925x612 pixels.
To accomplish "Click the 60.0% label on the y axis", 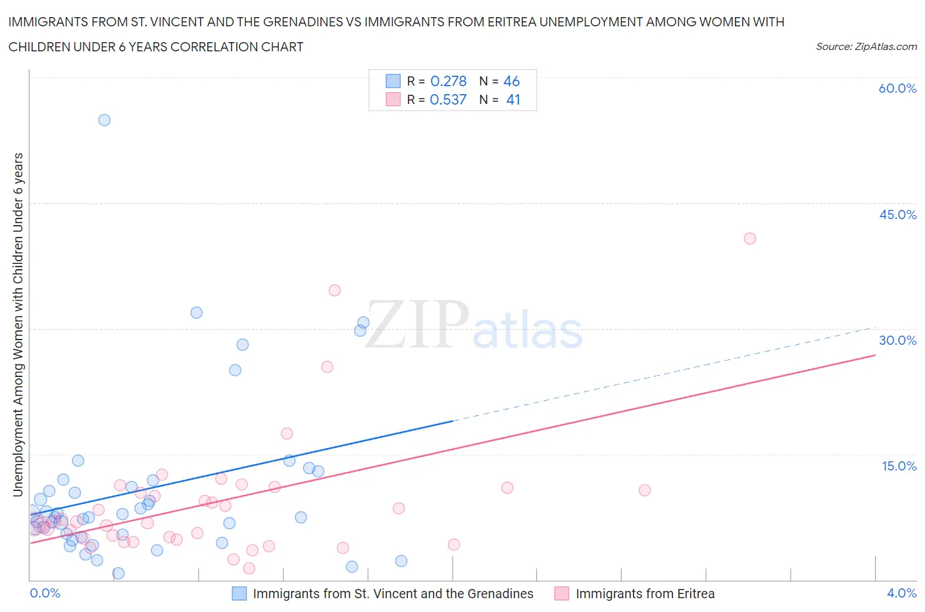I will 897,88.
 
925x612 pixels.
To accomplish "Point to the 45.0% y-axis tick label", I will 897,215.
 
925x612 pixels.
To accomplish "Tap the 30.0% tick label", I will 897,340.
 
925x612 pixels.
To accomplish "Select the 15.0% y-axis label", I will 899,466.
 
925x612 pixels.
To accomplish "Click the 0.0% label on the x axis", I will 45,593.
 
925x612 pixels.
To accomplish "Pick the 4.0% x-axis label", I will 901,593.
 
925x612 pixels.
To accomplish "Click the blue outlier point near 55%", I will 104,120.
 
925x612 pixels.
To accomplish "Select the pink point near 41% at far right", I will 750,238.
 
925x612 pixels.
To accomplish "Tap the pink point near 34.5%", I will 334,290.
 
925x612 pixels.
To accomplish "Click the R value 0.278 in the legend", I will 448,81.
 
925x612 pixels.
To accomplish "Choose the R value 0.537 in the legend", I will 448,99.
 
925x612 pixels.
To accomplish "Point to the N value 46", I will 511,81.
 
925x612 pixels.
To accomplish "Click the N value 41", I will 513,99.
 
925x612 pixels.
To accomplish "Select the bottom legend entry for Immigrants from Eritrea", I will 645,594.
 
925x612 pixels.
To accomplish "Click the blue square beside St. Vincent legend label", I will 239,594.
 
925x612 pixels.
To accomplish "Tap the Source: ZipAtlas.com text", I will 866,47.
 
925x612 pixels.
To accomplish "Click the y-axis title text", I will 18,324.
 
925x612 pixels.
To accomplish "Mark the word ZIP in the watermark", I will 416,324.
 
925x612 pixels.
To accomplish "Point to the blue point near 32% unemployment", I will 196,313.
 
